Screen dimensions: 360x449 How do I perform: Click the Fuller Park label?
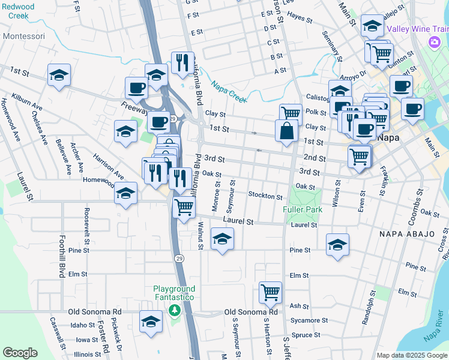point(303,209)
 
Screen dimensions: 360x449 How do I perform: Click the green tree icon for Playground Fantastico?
point(174,310)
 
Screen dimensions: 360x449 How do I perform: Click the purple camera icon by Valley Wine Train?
point(433,41)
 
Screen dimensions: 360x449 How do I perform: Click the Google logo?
point(20,353)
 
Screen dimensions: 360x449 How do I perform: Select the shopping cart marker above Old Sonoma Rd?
point(271,292)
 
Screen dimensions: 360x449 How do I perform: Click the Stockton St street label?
point(265,196)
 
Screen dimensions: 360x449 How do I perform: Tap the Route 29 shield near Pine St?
point(179,257)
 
